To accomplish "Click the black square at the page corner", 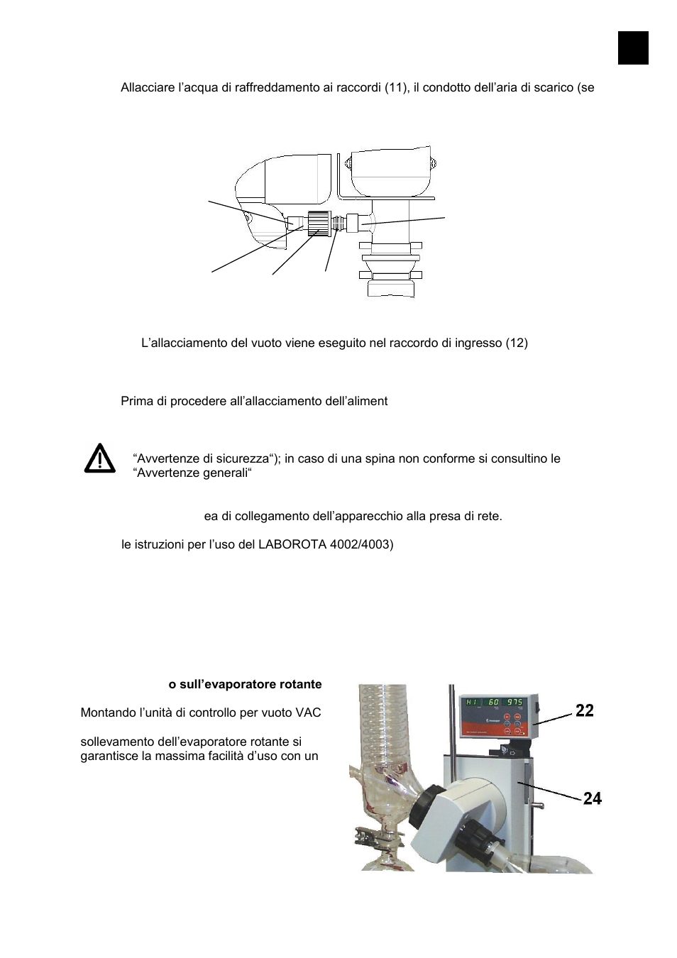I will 632,48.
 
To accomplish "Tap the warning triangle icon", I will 99,458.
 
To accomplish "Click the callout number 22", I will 584,710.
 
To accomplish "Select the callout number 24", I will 592,799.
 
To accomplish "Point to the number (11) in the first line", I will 397,88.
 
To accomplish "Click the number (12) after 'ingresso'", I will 516,343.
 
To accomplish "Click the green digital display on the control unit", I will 494,703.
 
